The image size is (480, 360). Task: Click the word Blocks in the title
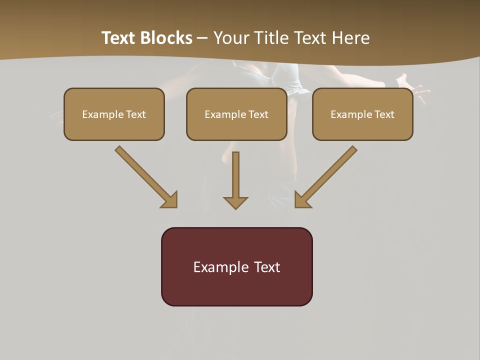tap(166, 38)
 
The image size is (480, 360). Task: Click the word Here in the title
tap(351, 38)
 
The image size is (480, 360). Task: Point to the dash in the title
tap(202, 38)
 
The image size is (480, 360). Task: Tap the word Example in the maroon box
tap(221, 267)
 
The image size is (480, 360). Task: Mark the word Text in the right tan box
tap(384, 114)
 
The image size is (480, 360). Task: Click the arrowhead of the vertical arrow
tap(235, 203)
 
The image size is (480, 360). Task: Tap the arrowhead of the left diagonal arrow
tap(170, 200)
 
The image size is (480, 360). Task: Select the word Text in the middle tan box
tap(258, 114)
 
